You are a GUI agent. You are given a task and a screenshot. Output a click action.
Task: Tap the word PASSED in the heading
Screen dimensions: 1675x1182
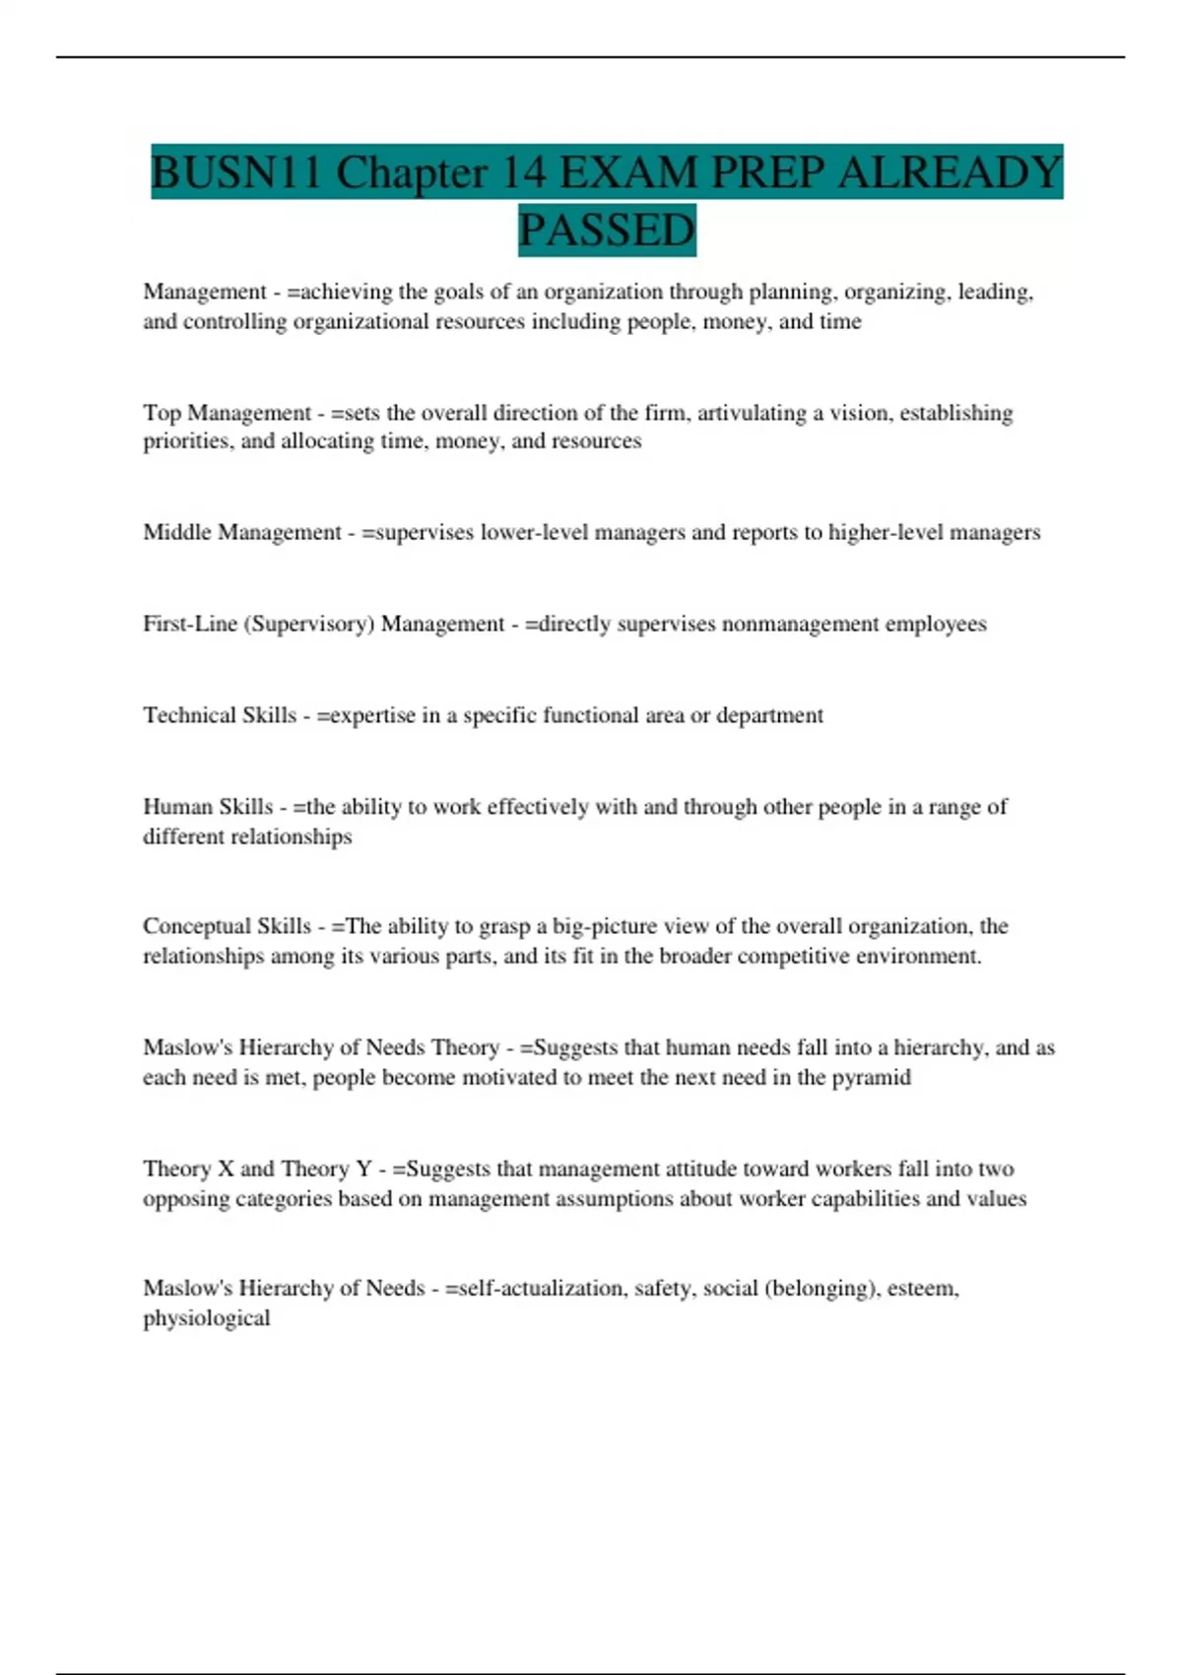pos(607,231)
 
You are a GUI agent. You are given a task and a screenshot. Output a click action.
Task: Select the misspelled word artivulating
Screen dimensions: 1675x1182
pos(752,413)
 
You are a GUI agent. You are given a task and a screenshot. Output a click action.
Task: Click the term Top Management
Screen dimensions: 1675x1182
pos(227,413)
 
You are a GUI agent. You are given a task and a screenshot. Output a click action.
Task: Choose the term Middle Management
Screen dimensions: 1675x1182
pos(242,532)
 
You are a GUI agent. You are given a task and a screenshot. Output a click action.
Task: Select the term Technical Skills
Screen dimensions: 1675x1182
pos(220,715)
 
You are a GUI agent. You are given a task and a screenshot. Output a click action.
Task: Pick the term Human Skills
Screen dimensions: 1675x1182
pos(208,807)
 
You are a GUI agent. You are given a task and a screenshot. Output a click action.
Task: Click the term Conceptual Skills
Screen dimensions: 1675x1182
pos(227,926)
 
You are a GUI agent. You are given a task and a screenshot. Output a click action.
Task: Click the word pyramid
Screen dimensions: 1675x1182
pos(871,1077)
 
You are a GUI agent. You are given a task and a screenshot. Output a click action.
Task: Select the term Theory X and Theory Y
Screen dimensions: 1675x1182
pos(257,1169)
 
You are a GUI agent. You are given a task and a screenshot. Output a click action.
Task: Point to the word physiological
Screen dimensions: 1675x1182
pos(206,1318)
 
